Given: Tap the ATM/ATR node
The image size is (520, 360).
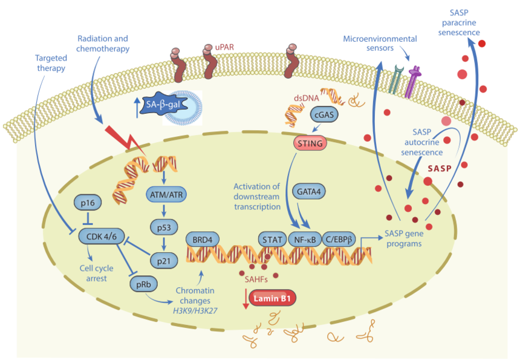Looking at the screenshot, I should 165,195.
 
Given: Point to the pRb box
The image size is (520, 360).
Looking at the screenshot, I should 140,282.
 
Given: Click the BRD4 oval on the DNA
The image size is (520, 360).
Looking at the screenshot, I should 203,239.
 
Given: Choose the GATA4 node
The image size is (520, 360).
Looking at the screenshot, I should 308,191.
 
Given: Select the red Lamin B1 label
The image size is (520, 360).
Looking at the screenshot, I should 272,298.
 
